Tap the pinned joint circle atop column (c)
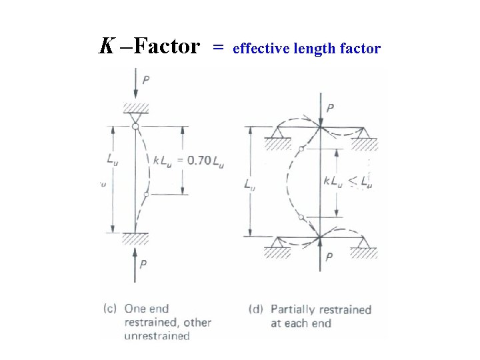135,125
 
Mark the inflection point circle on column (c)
146,194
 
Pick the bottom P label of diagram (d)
329,257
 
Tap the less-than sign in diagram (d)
351,181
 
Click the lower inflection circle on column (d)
302,217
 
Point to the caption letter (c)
110,309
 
